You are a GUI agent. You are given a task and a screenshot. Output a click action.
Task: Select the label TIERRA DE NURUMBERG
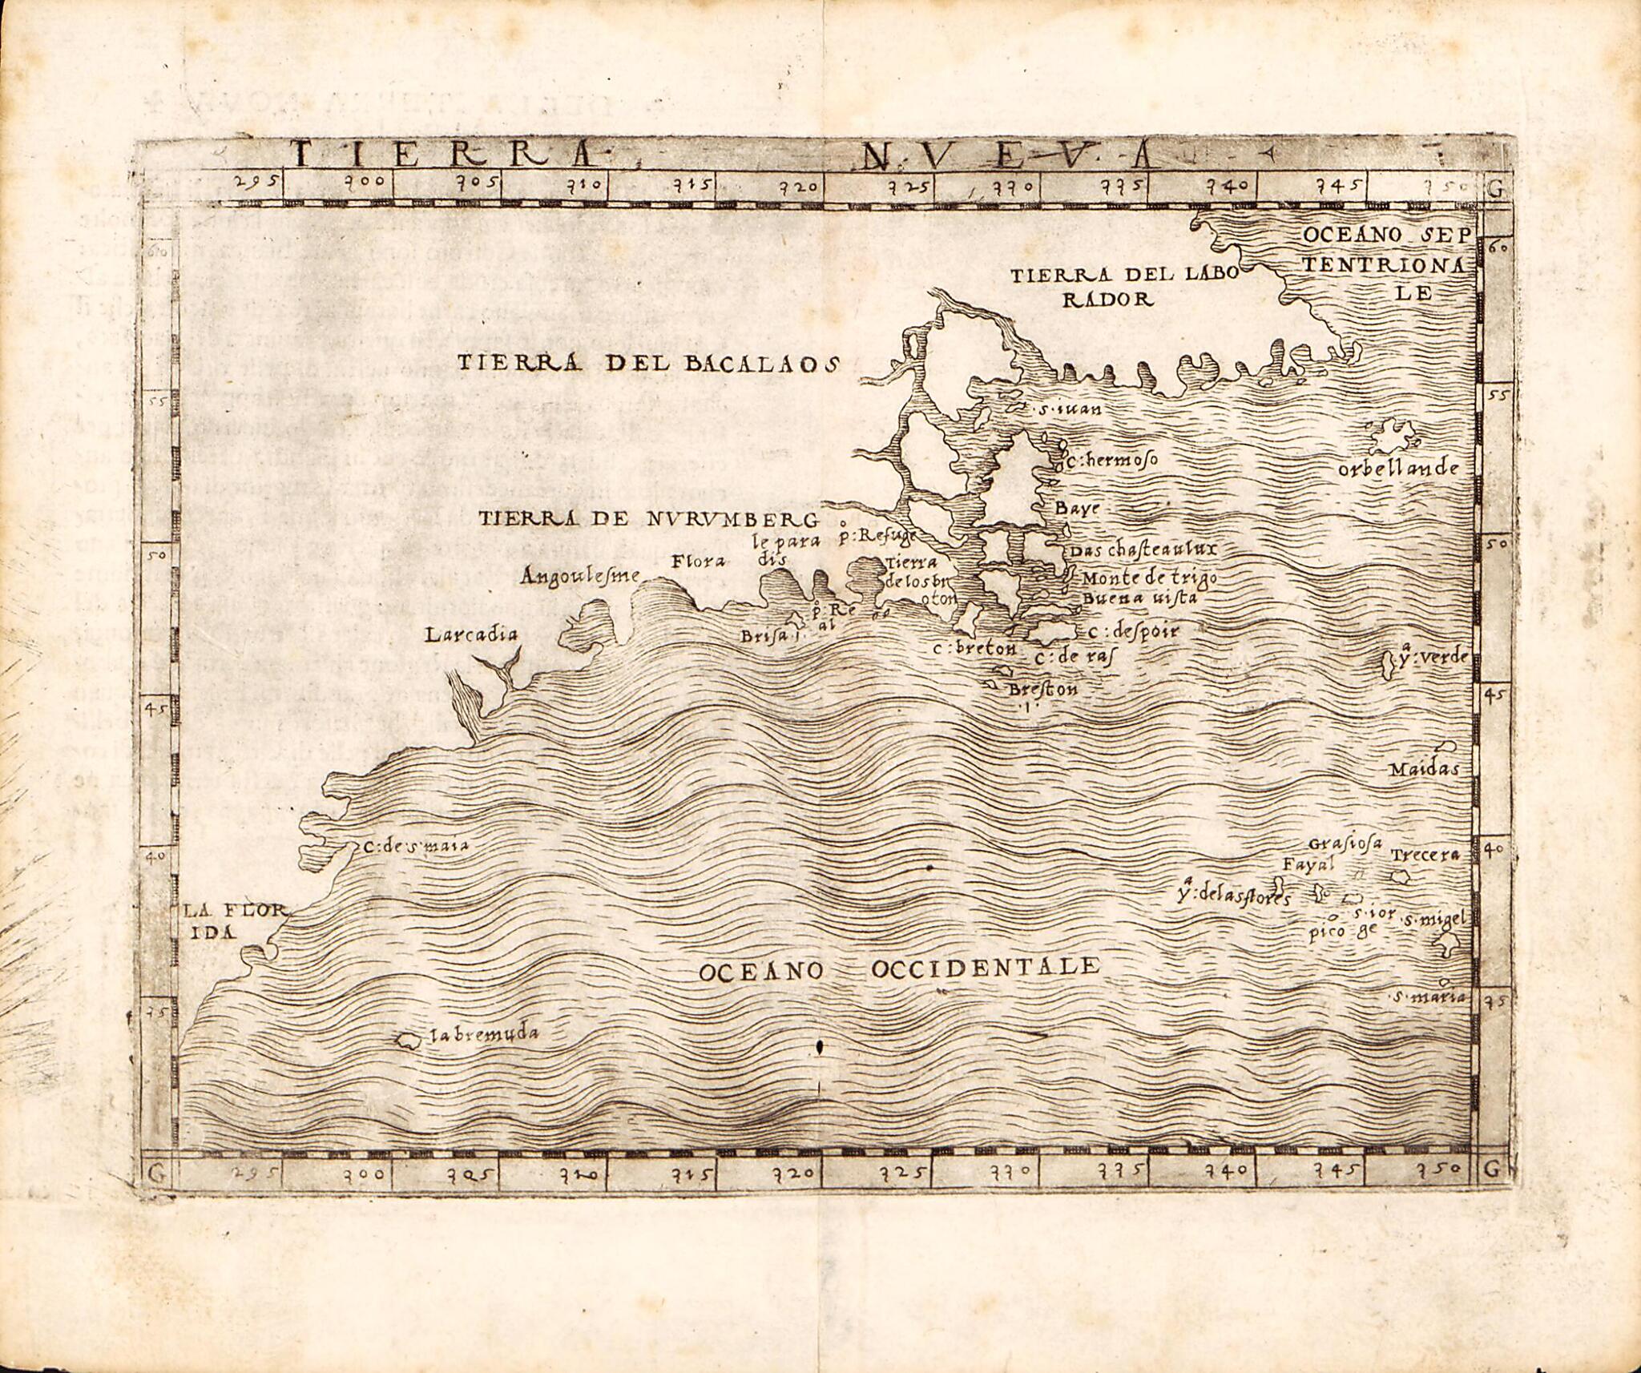[x=648, y=518]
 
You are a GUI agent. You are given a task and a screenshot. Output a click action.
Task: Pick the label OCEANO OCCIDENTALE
[x=897, y=968]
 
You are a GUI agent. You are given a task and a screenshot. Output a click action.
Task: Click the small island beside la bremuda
[x=408, y=1041]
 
